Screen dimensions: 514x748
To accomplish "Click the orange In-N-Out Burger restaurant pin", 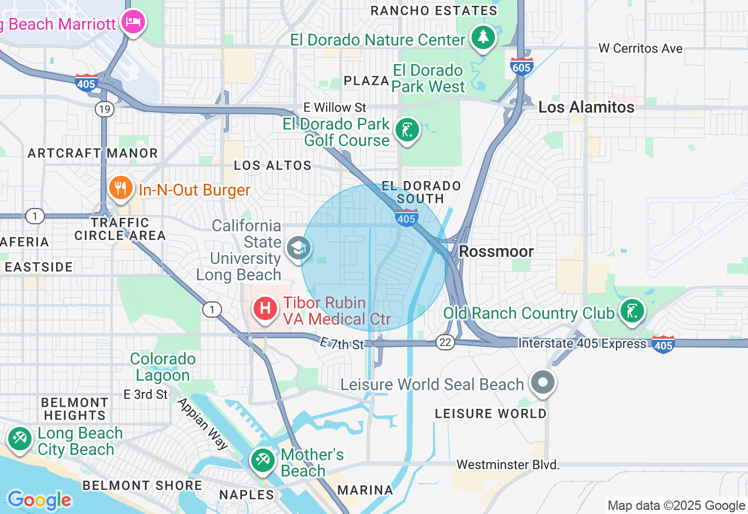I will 120,189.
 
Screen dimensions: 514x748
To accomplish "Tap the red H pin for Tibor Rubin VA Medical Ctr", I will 265,308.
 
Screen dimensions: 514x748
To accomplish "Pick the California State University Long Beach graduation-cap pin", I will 297,248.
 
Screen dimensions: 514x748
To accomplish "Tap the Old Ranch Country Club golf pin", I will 631,311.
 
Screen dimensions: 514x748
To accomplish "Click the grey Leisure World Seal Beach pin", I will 543,383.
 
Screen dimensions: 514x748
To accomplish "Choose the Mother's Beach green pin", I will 262,460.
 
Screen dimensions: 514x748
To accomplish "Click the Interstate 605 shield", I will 521,65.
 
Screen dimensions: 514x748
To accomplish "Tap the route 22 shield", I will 445,343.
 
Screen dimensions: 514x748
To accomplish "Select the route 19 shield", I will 105,109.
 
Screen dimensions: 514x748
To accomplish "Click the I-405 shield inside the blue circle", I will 406,218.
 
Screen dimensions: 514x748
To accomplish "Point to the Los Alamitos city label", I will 586,107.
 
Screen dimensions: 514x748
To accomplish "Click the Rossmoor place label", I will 496,252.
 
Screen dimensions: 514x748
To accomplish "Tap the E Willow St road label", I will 334,107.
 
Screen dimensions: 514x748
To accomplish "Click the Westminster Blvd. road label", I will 508,465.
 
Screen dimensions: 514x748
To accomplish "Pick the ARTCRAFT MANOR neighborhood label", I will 93,154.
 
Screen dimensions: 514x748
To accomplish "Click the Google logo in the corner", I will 39,500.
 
